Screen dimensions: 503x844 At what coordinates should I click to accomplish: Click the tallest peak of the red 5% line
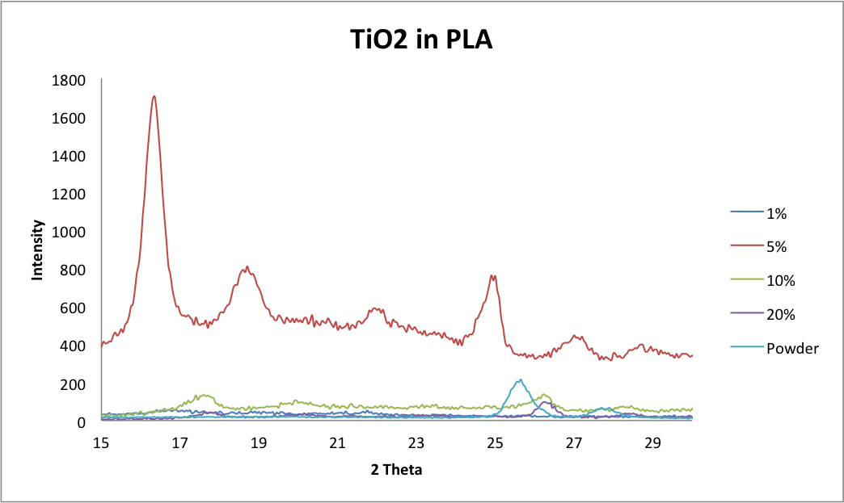[x=154, y=96]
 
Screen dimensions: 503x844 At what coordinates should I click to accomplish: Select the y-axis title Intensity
[x=37, y=251]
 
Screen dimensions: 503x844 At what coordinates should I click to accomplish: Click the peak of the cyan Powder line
[x=521, y=379]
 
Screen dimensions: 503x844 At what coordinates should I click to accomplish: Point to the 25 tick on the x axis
[x=496, y=442]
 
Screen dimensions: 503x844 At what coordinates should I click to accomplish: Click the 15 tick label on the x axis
[x=101, y=442]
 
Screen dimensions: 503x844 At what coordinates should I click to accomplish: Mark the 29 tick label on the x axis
[x=653, y=442]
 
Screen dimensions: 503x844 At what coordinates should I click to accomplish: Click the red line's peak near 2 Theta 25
[x=493, y=275]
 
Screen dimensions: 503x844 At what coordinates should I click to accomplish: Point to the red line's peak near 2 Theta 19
[x=247, y=267]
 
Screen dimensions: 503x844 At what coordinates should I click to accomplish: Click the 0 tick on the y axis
[x=82, y=422]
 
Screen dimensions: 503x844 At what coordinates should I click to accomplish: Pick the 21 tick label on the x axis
[x=338, y=442]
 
